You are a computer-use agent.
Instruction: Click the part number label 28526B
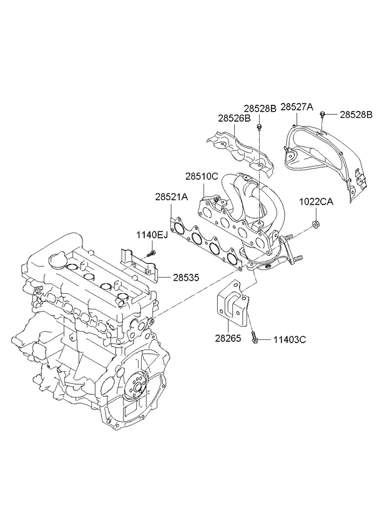coord(234,117)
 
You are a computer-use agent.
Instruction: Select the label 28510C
coord(201,177)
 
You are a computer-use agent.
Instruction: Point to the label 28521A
coord(172,197)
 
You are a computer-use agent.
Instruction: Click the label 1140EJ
coord(153,235)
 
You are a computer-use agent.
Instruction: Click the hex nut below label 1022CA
coord(316,225)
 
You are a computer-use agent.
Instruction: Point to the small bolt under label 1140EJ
coord(151,253)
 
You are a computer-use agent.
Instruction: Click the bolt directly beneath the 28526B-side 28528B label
coord(258,129)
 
